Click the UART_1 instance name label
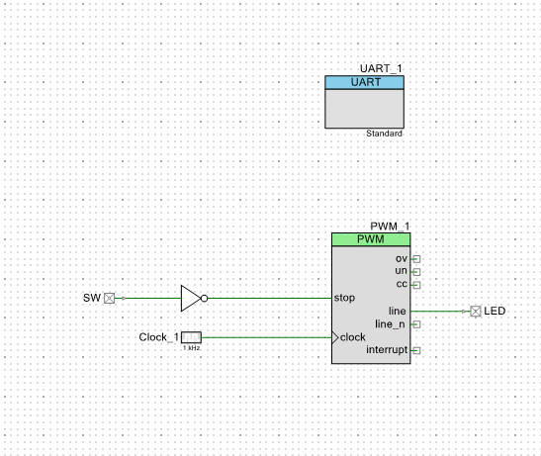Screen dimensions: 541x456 click(x=381, y=68)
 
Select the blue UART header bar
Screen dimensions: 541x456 click(x=364, y=82)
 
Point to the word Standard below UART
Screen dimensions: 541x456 click(x=384, y=134)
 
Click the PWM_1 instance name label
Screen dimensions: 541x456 click(x=390, y=227)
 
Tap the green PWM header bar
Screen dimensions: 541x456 click(x=371, y=239)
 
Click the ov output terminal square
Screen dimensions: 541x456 click(x=416, y=259)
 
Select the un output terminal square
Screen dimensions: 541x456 click(x=416, y=272)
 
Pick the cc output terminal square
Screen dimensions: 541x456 click(x=416, y=285)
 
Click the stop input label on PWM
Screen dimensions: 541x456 click(x=344, y=298)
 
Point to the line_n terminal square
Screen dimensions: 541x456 click(x=416, y=324)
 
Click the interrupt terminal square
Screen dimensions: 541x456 click(x=416, y=351)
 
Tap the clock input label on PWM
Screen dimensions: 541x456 click(x=353, y=337)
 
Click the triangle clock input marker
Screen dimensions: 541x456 click(x=335, y=337)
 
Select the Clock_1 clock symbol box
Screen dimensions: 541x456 click(x=191, y=337)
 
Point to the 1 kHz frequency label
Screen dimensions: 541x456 click(x=192, y=348)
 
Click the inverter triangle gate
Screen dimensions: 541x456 click(x=191, y=299)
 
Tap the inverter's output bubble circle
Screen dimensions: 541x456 click(x=205, y=299)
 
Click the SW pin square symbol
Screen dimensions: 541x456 click(x=110, y=299)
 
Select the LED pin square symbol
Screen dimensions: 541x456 click(x=476, y=312)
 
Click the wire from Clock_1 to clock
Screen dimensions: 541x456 click(x=267, y=337)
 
